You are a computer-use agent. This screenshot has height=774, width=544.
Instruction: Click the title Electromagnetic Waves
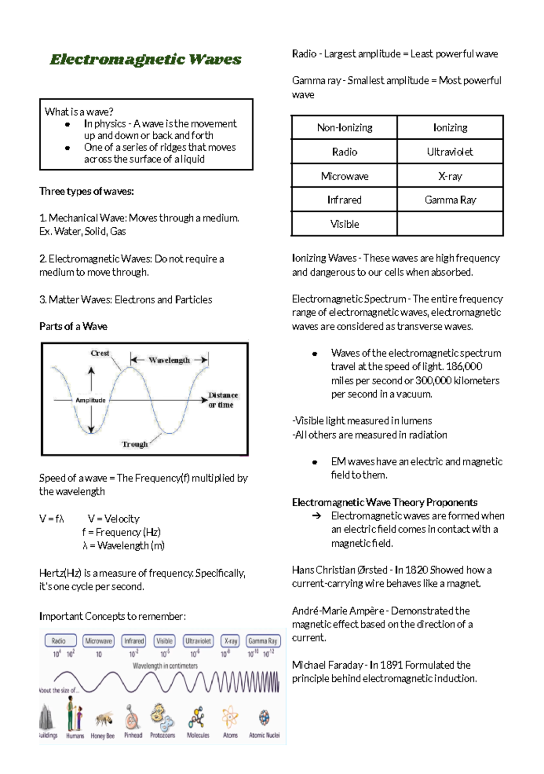click(x=146, y=59)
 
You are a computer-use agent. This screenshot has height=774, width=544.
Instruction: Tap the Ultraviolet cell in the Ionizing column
click(x=450, y=152)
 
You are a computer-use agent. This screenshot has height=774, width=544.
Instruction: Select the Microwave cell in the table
click(x=345, y=176)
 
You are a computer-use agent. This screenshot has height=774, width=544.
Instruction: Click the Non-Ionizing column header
click(x=345, y=128)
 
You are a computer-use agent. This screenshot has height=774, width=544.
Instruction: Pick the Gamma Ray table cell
click(x=450, y=200)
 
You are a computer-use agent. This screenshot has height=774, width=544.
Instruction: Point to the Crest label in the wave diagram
click(x=100, y=353)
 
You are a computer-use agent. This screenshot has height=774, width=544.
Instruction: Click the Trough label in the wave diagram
click(x=135, y=444)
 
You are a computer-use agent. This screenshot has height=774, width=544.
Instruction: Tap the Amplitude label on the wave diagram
click(x=90, y=400)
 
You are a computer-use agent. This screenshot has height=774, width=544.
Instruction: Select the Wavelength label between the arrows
click(x=169, y=360)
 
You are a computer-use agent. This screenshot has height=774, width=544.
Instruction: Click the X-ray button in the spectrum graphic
click(x=231, y=641)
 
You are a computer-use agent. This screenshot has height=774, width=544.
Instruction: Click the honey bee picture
click(x=104, y=719)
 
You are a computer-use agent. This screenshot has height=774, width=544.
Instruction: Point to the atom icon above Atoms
click(x=230, y=717)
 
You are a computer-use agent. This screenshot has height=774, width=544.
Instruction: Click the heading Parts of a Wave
click(x=73, y=327)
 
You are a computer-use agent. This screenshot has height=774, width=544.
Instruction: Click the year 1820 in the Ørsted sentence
click(x=416, y=570)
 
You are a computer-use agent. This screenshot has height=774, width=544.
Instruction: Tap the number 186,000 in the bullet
click(x=464, y=367)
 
